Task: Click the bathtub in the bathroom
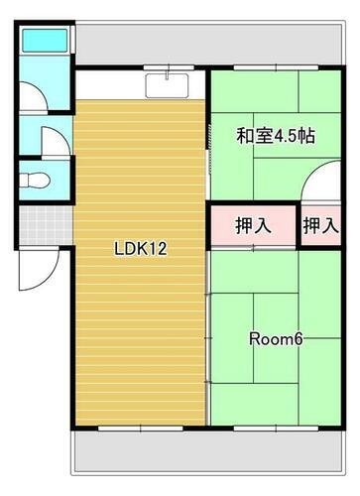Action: coord(44,42)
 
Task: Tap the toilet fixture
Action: coord(38,180)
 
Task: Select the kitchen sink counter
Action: coord(168,85)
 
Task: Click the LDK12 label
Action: coord(138,249)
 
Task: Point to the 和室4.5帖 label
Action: coord(275,136)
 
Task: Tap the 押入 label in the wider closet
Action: coord(253,226)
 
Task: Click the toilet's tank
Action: coord(25,180)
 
